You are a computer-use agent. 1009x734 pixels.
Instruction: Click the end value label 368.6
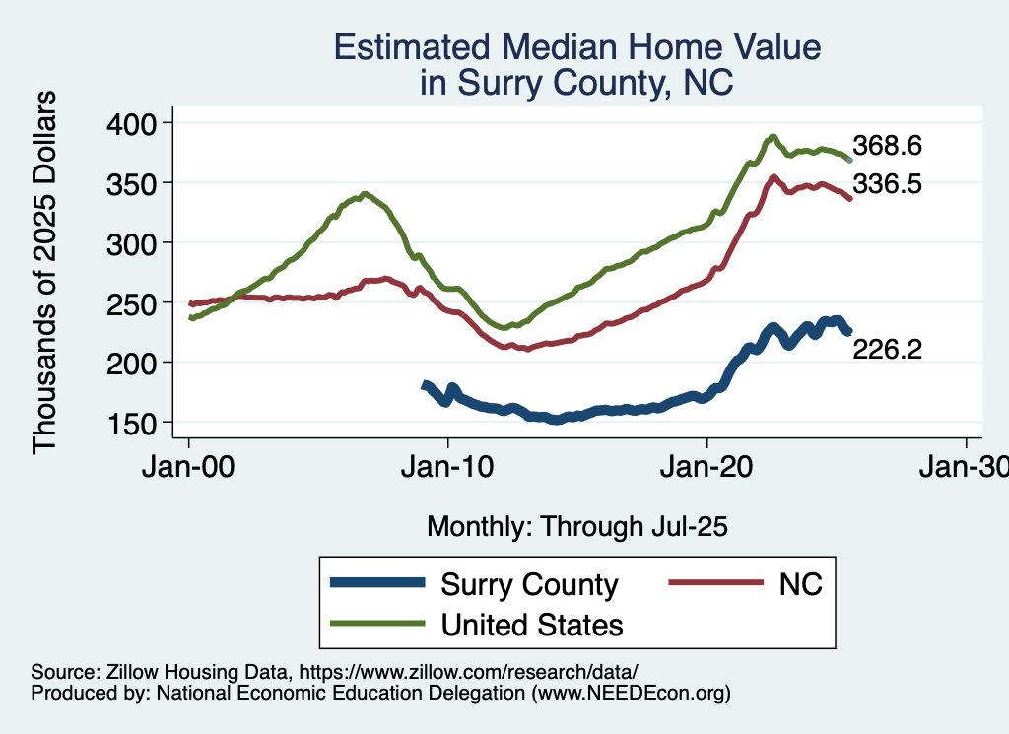pyautogui.click(x=887, y=147)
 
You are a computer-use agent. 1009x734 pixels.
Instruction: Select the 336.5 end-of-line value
pyautogui.click(x=887, y=183)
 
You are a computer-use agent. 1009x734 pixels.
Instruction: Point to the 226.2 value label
pyautogui.click(x=887, y=350)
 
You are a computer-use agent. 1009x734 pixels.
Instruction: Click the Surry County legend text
pyautogui.click(x=529, y=584)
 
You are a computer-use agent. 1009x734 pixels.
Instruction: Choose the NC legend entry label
pyautogui.click(x=800, y=584)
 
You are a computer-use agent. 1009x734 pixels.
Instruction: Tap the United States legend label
pyautogui.click(x=532, y=625)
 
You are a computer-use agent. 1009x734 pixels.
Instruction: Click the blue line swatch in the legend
pyautogui.click(x=379, y=584)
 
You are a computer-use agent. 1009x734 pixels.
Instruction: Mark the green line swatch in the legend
pyautogui.click(x=379, y=625)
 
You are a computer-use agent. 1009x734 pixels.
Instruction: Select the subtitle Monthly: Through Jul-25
pyautogui.click(x=576, y=527)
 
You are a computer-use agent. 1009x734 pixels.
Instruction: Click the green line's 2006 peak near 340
pyautogui.click(x=366, y=194)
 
